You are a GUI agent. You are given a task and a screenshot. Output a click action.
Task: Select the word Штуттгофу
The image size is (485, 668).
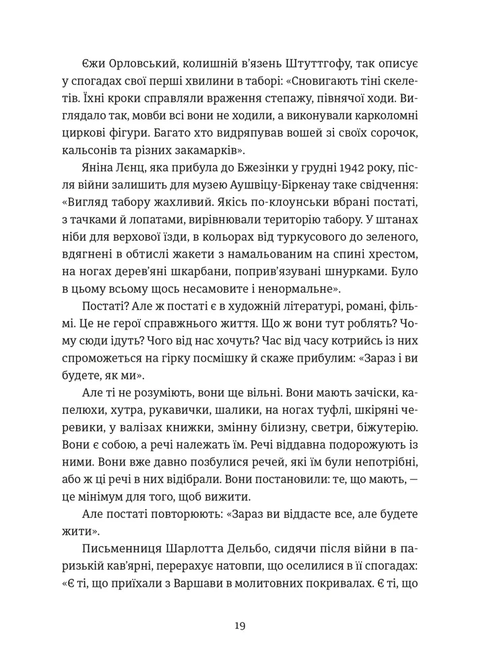(327, 63)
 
